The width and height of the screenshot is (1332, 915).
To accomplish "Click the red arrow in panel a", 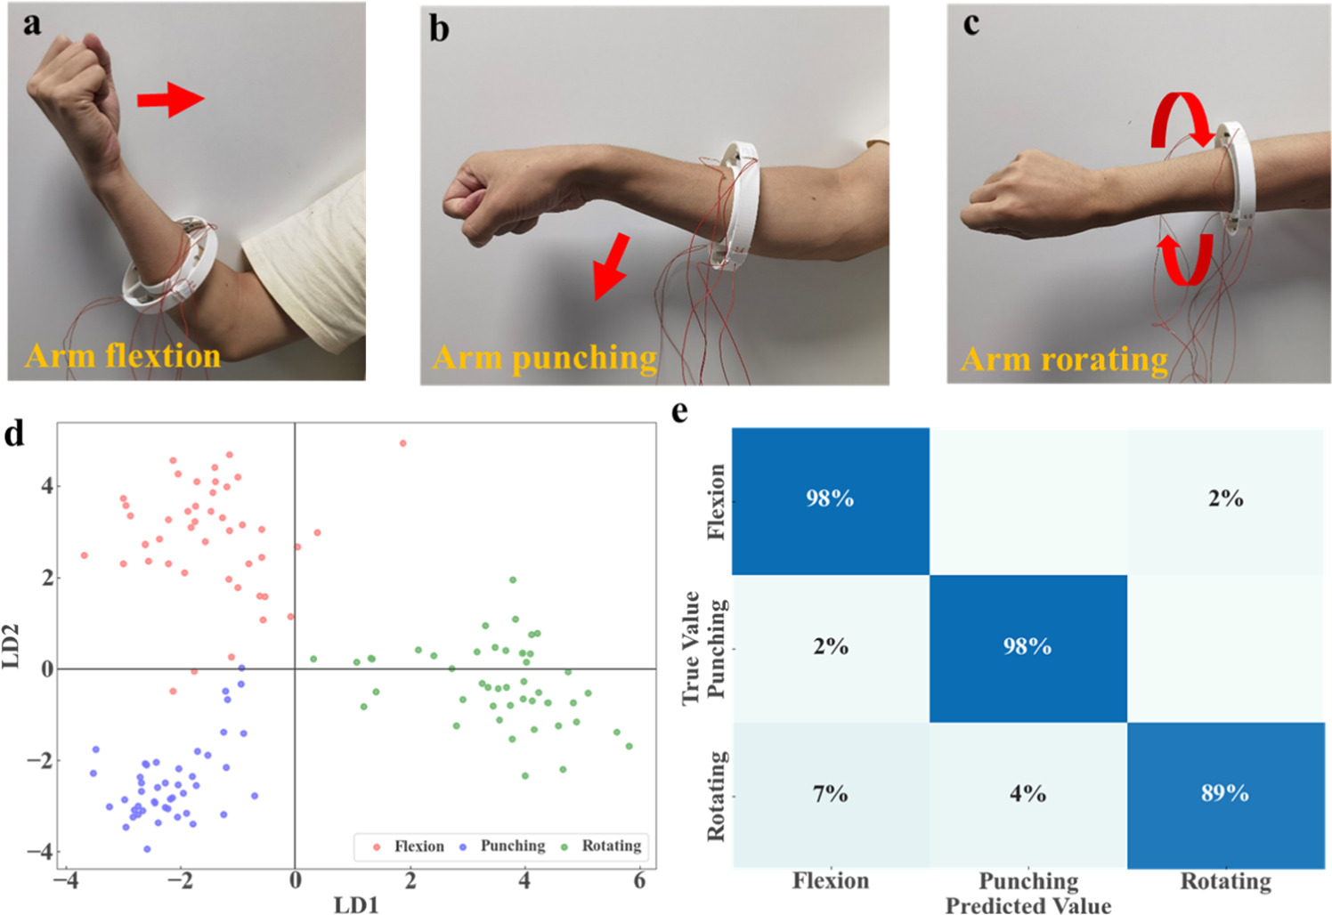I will [170, 100].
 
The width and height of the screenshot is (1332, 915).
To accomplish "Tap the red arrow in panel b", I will [611, 266].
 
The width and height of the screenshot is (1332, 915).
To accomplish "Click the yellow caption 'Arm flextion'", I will [123, 356].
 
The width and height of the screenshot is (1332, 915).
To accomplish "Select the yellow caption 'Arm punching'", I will [545, 358].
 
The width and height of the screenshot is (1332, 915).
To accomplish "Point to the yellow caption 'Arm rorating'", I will [1064, 360].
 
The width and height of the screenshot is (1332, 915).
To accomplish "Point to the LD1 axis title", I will [356, 904].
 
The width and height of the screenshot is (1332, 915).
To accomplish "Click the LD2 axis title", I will [12, 646].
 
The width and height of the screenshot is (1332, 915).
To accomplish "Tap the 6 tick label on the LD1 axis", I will [638, 880].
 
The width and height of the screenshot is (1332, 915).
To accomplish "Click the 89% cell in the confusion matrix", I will [1225, 793].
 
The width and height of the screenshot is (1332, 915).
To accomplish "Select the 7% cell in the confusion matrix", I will [830, 793].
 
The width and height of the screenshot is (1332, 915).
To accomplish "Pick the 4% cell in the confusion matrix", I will [1027, 793].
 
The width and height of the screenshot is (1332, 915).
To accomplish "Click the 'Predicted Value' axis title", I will [1027, 905].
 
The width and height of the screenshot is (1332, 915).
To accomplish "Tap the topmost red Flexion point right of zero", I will [402, 443].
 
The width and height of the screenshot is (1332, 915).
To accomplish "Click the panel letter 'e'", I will [680, 412].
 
